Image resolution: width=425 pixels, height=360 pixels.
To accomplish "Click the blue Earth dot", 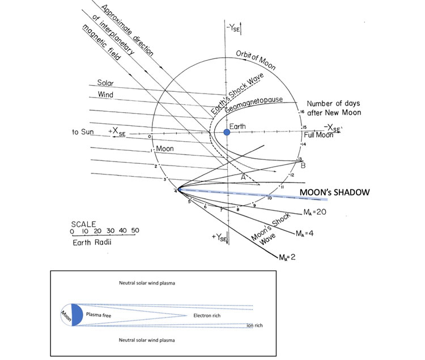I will tap(227, 132).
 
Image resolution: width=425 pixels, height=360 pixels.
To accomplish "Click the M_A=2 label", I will tap(290, 257).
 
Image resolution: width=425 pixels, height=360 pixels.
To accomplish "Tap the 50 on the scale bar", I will tap(135, 231).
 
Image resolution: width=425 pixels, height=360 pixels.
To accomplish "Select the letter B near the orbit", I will tap(303, 166).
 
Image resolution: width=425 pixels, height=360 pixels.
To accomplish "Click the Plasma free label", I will tap(100, 313).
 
